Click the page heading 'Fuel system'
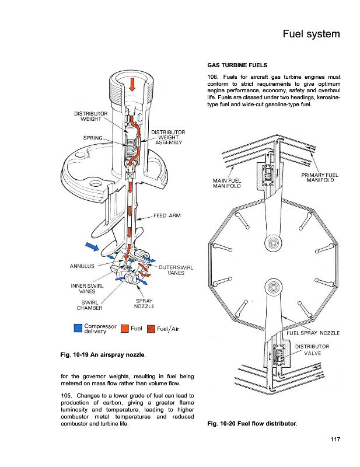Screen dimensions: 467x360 310,34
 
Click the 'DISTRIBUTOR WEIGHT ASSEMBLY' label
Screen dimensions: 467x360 168,137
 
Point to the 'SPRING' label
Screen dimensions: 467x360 93,138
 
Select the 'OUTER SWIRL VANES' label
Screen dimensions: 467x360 176,270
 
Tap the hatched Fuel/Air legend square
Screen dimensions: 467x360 152,329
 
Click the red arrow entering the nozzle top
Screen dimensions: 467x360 133,84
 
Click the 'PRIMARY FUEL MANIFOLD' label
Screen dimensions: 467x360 319,177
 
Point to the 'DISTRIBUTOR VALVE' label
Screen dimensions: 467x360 312,350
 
